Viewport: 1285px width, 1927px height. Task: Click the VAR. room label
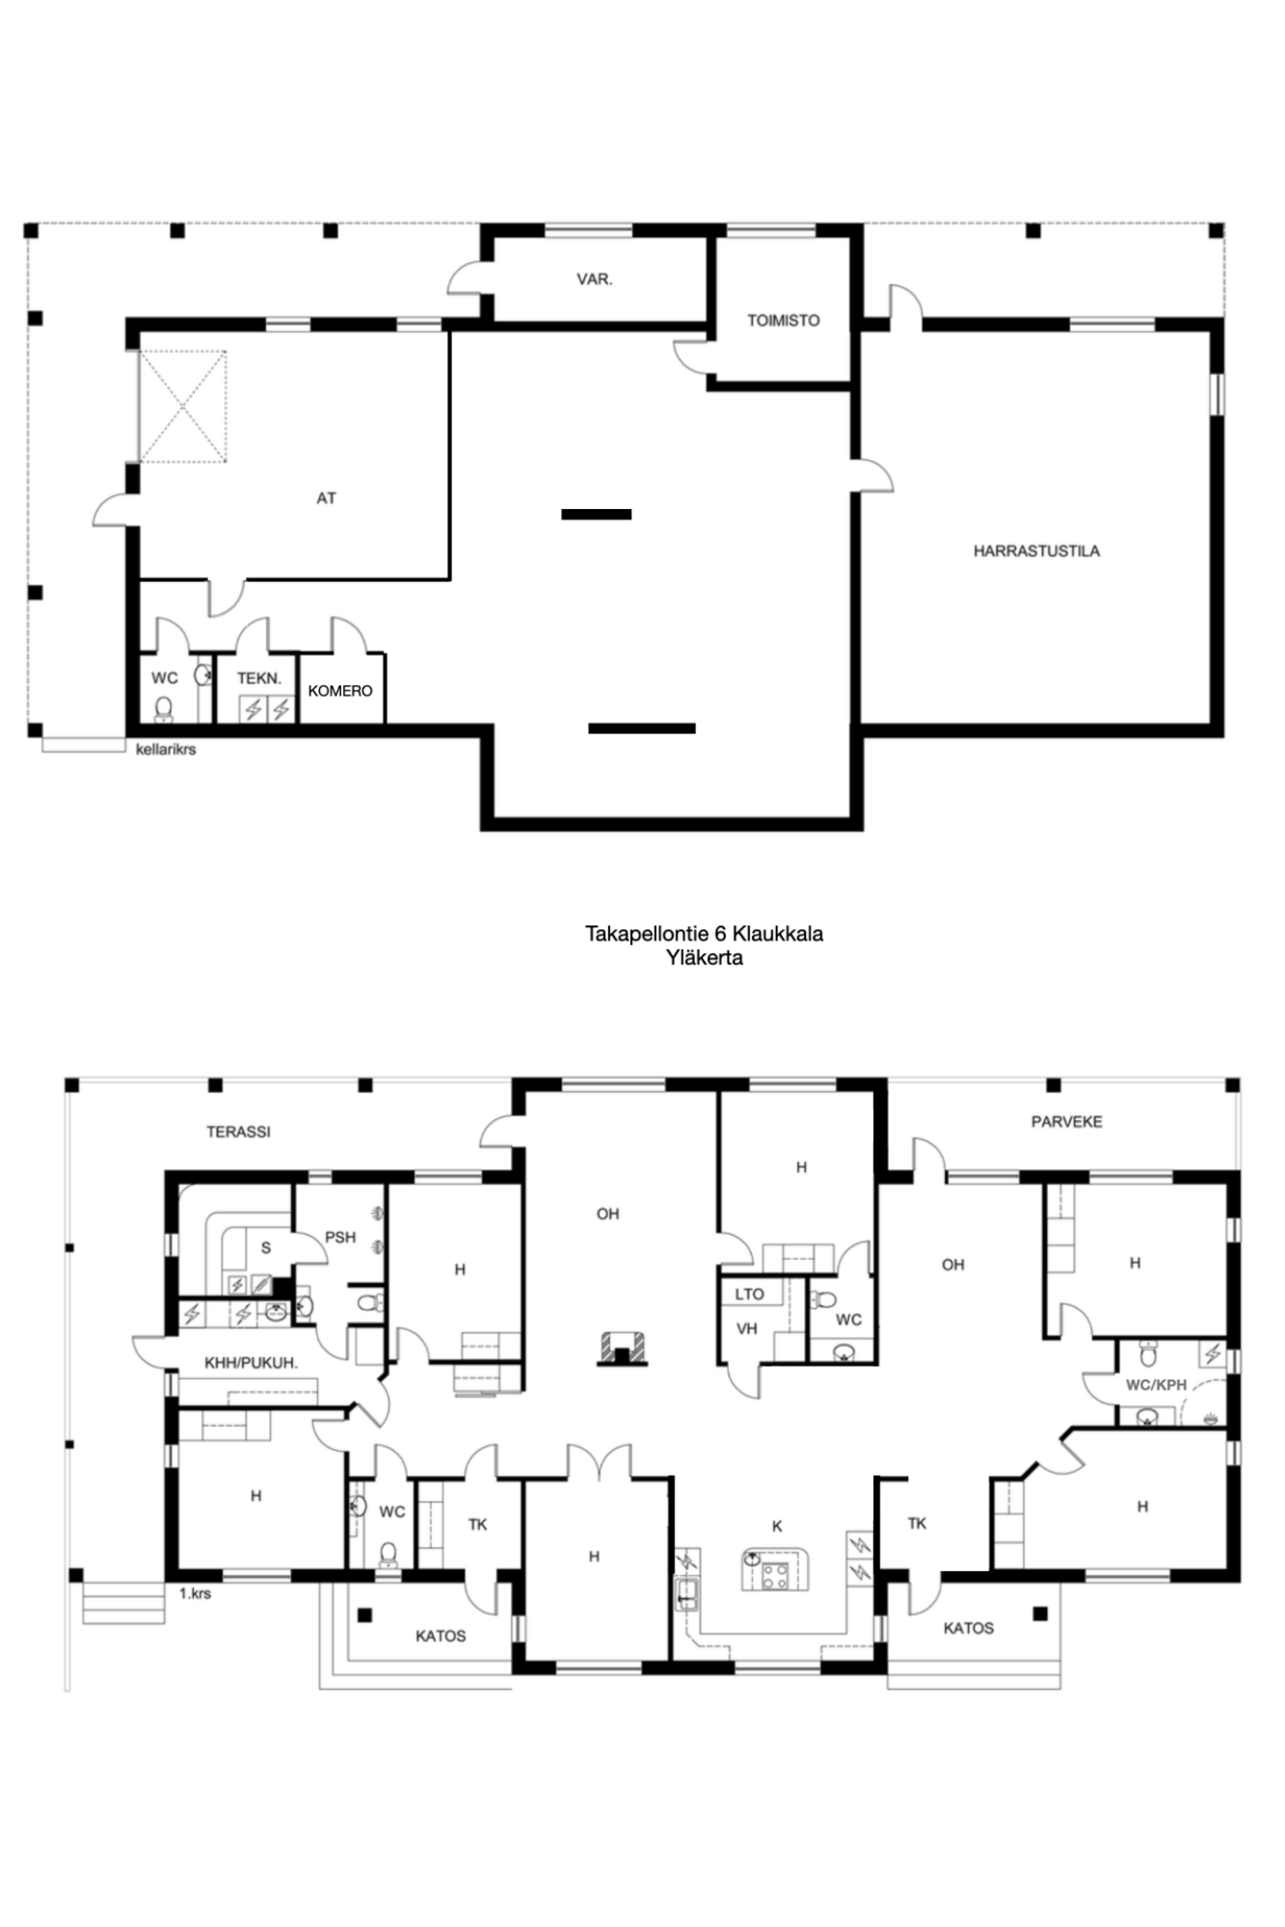[x=595, y=280]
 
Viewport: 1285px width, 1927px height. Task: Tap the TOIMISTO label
[x=784, y=321]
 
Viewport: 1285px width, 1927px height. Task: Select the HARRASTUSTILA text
[x=1036, y=551]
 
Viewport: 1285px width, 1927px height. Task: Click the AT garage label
[x=327, y=498]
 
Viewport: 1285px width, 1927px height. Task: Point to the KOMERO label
[x=340, y=691]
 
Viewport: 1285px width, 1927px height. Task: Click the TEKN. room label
[x=259, y=679]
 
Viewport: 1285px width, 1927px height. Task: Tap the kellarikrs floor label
[x=166, y=749]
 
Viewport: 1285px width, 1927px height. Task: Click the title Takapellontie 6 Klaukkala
[x=704, y=933]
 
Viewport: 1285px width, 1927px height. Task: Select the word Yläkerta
[x=704, y=958]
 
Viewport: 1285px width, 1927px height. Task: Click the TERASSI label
[x=238, y=1132]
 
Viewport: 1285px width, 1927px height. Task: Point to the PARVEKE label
[x=1066, y=1122]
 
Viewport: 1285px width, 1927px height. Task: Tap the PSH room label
[x=340, y=1238]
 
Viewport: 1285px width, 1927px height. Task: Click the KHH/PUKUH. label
[x=251, y=1363]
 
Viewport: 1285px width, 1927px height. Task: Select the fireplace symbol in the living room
[x=623, y=1349]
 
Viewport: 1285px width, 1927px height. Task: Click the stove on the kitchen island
[x=775, y=1575]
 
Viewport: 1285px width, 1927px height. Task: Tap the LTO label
[x=749, y=1295]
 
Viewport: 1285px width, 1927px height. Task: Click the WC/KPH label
[x=1156, y=1385]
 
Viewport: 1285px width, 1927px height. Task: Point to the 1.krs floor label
[x=195, y=1593]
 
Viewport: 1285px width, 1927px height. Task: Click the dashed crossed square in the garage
[x=183, y=407]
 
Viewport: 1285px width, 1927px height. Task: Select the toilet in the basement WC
[x=164, y=709]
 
